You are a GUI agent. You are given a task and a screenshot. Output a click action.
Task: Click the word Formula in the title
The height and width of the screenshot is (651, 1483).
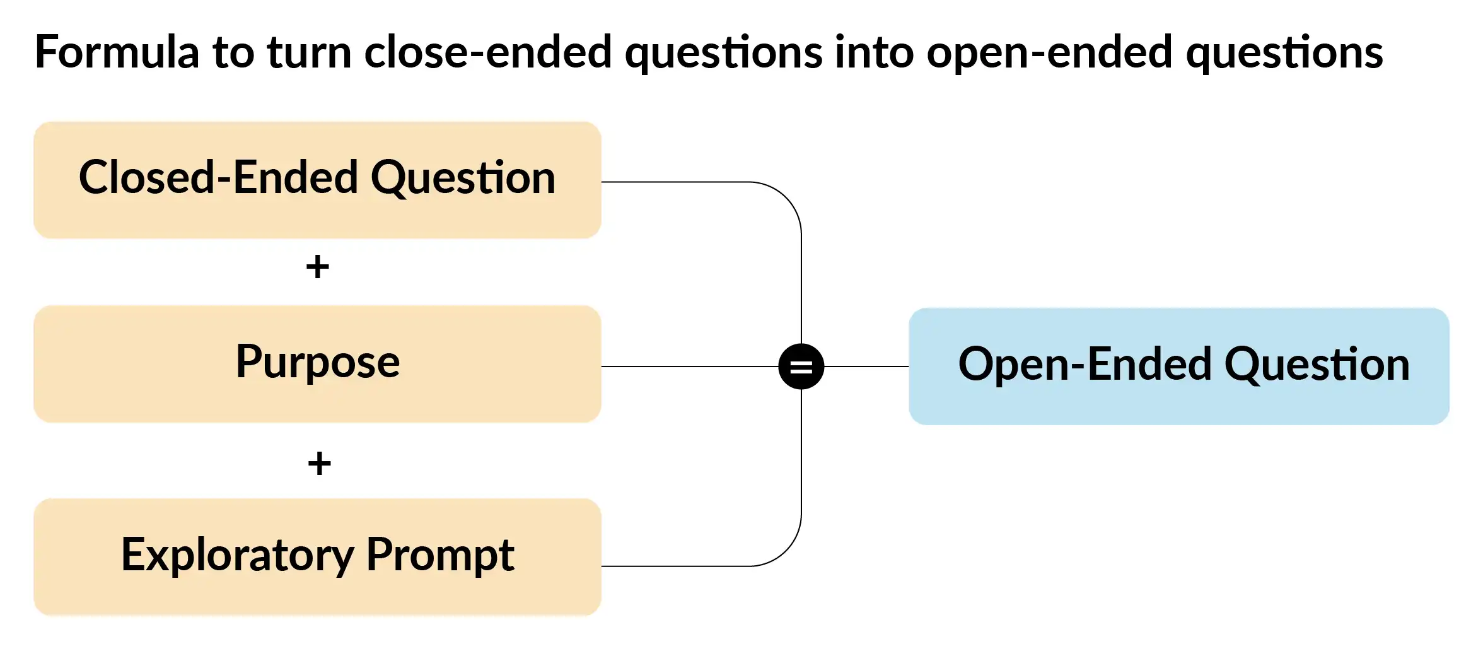117,52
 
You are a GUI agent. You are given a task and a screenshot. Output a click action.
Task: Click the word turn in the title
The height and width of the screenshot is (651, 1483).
309,53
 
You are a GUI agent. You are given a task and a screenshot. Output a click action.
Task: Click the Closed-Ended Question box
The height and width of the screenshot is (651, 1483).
317,180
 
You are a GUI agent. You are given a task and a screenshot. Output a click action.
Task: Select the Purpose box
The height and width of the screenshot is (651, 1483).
317,364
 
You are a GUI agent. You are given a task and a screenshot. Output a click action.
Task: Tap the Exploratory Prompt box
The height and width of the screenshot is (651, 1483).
317,557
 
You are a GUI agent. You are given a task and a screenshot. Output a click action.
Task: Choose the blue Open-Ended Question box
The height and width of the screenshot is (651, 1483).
1179,367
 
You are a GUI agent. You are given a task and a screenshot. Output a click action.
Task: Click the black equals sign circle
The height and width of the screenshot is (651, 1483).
801,367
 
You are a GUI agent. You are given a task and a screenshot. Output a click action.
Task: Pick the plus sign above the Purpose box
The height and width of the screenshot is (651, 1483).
318,266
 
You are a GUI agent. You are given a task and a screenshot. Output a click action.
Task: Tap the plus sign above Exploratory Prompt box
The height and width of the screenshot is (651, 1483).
319,464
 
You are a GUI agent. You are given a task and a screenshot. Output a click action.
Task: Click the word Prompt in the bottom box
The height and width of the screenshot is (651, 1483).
440,555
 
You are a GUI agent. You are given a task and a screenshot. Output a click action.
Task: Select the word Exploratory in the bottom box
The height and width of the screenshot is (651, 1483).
238,555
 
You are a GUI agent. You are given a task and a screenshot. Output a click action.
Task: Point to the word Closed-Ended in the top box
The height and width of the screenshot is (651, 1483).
219,177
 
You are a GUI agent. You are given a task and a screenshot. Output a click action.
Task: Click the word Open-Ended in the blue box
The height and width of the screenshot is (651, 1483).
1085,365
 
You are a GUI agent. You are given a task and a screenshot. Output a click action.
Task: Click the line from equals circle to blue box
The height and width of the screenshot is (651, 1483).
866,367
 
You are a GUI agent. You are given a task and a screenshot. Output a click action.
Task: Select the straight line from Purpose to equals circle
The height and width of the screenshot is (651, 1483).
690,367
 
